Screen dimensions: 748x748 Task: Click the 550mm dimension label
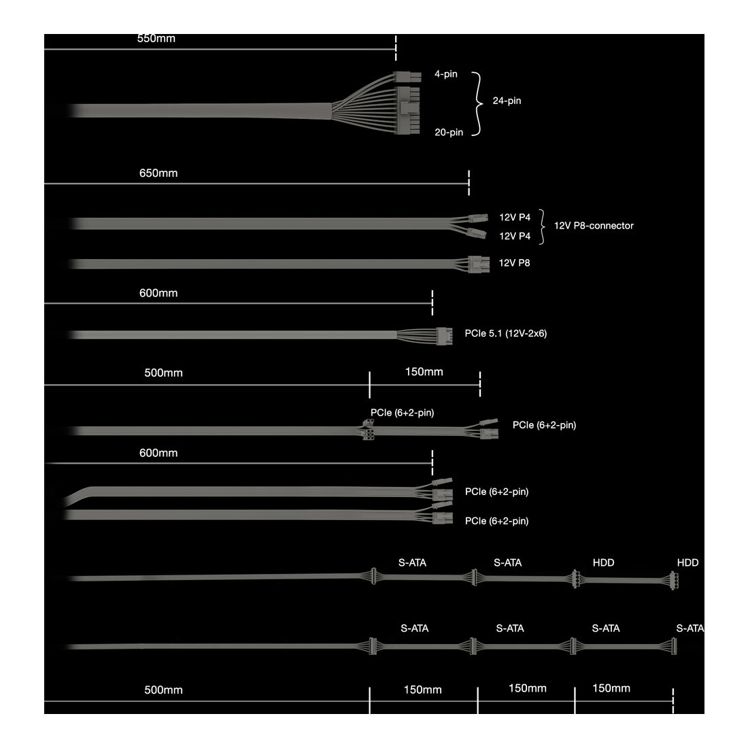click(x=156, y=39)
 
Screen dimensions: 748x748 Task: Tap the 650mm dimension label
click(x=158, y=173)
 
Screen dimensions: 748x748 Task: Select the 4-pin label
click(x=445, y=74)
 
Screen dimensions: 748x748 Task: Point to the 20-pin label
click(x=448, y=132)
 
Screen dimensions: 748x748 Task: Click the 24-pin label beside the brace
click(x=507, y=101)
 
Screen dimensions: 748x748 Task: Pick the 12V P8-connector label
click(x=594, y=226)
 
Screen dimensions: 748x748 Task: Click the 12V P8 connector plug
click(x=479, y=265)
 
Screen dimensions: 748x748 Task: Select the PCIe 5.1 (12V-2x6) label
click(x=506, y=333)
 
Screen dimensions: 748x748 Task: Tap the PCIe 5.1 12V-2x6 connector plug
click(x=444, y=336)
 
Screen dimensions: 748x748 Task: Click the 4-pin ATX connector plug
click(x=407, y=76)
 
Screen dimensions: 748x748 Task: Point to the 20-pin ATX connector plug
click(x=407, y=111)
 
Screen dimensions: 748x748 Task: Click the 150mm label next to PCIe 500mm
click(x=424, y=371)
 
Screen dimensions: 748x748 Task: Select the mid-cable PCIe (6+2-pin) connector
click(x=368, y=430)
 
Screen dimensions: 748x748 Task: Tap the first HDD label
click(x=603, y=563)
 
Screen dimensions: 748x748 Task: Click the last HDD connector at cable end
click(x=674, y=581)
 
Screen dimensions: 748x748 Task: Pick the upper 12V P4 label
click(x=515, y=218)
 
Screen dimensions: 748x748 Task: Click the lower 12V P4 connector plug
click(x=477, y=234)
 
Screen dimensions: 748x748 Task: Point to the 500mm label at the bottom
click(x=163, y=690)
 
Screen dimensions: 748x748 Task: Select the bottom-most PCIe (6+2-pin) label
click(x=496, y=521)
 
